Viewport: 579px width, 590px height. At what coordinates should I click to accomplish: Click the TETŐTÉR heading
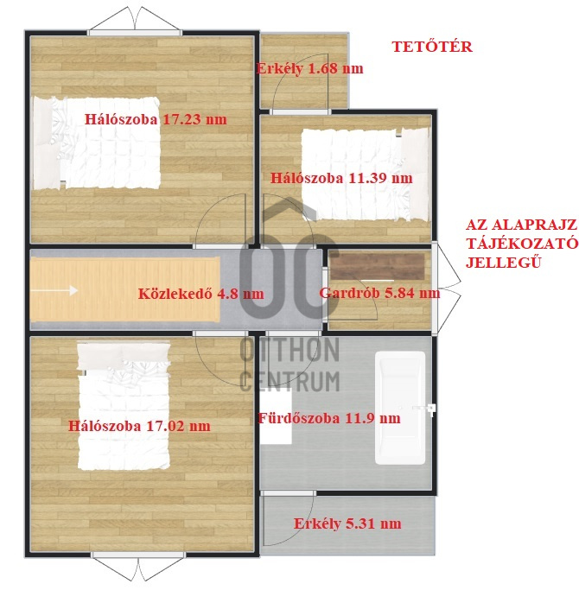point(432,47)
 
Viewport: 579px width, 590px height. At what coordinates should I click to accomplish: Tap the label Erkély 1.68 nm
point(309,68)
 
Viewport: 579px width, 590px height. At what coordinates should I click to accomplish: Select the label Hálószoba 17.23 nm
point(156,119)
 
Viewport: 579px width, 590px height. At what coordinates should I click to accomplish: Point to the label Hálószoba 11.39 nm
point(341,178)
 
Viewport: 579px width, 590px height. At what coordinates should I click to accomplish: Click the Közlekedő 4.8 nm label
point(201,294)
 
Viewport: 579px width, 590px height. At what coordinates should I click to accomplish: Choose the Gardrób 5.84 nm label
point(379,293)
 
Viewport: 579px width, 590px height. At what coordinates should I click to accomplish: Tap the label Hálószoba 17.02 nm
point(139,426)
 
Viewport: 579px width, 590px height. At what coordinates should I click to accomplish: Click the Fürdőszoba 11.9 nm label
point(329,418)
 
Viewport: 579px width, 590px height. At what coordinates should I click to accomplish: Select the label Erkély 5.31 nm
point(347,523)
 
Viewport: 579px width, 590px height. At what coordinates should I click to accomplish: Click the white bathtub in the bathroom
point(400,408)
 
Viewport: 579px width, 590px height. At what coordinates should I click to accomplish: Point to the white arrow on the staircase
point(54,290)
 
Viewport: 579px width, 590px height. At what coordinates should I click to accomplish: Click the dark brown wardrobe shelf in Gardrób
point(378,266)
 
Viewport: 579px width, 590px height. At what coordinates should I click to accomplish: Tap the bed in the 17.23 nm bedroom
point(97,143)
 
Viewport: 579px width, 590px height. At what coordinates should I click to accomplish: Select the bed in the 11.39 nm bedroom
point(366,174)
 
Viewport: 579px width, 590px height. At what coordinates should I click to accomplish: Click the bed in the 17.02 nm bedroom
point(124,406)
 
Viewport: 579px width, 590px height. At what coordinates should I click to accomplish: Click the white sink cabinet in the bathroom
point(276,416)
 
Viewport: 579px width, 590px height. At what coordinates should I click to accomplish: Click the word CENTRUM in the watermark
point(289,381)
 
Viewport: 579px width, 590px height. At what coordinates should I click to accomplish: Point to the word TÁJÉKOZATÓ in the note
point(522,244)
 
